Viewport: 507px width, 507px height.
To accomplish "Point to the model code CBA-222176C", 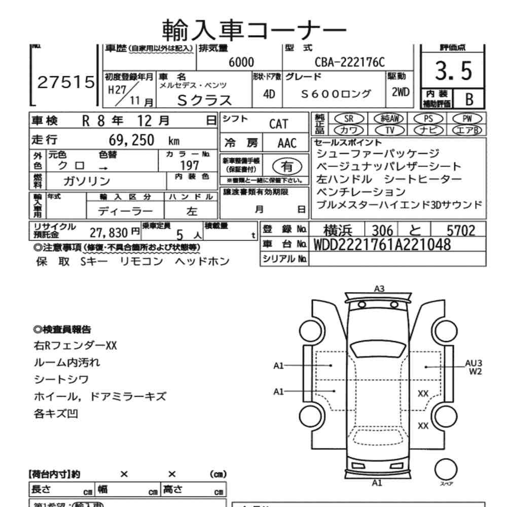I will tap(350, 62).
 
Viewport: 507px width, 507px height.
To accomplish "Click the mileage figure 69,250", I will tap(131, 140).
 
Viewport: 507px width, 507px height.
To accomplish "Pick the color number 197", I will tap(190, 165).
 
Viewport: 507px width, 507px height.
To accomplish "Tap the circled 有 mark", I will tap(286, 166).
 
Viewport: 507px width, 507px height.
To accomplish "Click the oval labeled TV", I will tap(390, 130).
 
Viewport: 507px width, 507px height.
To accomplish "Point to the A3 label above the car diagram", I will tap(379, 288).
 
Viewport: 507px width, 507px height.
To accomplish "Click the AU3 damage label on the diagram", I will tap(474, 363).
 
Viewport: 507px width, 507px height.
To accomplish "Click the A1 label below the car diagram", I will tap(377, 483).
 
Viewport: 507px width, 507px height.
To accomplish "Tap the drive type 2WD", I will tap(401, 93).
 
